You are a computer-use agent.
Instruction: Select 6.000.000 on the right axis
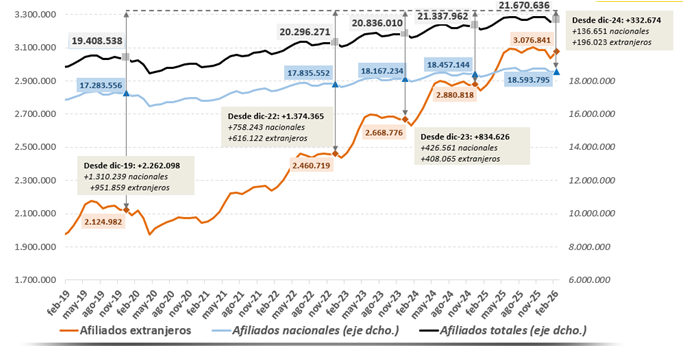(x=601, y=279)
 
